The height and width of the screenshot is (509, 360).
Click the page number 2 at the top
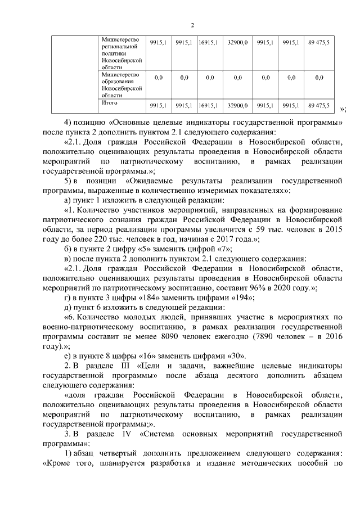tap(192, 25)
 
